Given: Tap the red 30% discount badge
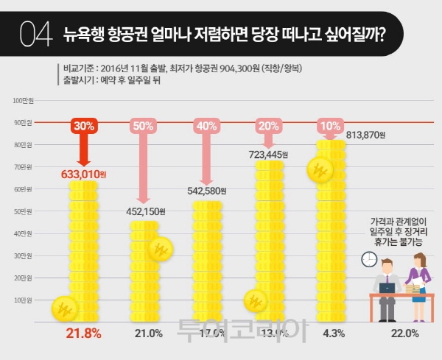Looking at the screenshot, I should click(83, 126).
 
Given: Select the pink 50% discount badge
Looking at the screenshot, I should click(144, 126).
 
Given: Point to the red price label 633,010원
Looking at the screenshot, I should click(83, 174).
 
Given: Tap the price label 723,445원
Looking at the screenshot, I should click(267, 155).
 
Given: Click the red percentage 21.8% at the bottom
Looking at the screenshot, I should click(83, 333).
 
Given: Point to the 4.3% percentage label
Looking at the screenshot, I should click(330, 333).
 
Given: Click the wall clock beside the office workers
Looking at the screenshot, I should click(368, 260).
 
